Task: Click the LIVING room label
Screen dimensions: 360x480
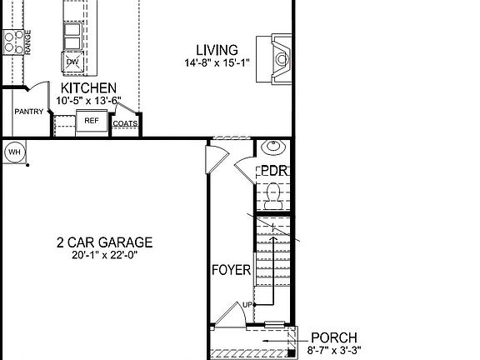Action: click(217, 50)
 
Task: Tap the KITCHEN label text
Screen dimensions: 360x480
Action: click(87, 88)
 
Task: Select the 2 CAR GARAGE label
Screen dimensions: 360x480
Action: click(104, 243)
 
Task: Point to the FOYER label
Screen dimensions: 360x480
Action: click(231, 270)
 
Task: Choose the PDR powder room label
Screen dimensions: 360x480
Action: click(273, 171)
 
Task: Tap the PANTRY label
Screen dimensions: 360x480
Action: click(28, 112)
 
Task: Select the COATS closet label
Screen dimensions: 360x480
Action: click(125, 123)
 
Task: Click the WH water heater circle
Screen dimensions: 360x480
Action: click(14, 152)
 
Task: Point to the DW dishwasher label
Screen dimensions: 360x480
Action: click(72, 62)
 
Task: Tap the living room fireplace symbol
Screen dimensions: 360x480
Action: click(279, 58)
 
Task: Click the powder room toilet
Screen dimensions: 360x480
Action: click(273, 196)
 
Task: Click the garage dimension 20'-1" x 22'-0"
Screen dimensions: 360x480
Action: click(104, 256)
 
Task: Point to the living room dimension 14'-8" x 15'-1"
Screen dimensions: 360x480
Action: click(217, 62)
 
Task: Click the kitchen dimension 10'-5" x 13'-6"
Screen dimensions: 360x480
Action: click(87, 100)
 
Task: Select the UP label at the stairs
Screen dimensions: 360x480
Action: click(247, 305)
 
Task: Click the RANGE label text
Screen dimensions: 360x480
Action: click(27, 42)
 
